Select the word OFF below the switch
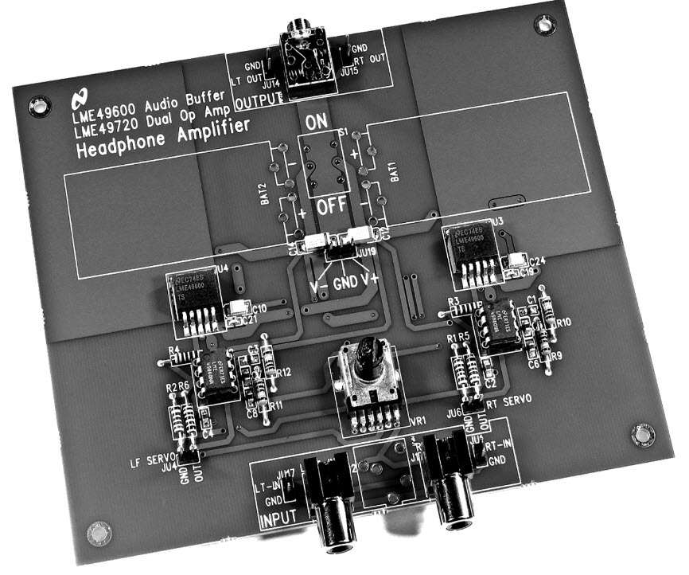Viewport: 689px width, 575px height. pyautogui.click(x=332, y=209)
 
